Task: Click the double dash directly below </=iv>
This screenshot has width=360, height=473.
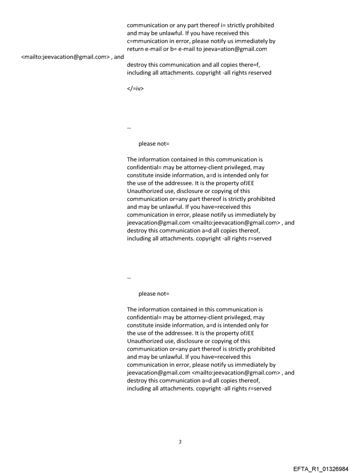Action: tap(129, 129)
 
